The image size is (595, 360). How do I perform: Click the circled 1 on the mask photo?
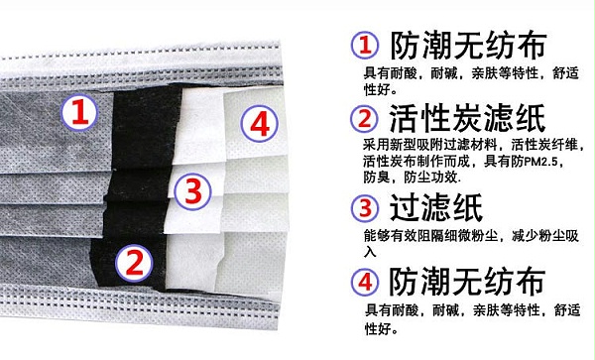pos(79,112)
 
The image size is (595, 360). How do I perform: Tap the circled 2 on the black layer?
pos(134,263)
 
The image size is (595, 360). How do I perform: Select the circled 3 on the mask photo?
pos(192,190)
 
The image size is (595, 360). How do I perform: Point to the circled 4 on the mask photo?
pos(260,124)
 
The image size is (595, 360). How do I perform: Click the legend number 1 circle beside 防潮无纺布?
pos(365,45)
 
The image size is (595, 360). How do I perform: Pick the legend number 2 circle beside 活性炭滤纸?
pos(364,118)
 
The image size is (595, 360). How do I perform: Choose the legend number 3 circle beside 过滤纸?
pos(365,207)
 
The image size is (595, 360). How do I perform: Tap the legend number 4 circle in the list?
pos(365,282)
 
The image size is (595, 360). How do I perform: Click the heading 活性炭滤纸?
pos(467,118)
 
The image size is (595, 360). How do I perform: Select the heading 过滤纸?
pos(436,207)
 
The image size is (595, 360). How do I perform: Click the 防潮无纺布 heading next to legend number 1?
pos(468,45)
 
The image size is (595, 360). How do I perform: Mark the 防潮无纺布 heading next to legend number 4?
pos(467,282)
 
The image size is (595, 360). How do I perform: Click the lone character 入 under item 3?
pos(370,252)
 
